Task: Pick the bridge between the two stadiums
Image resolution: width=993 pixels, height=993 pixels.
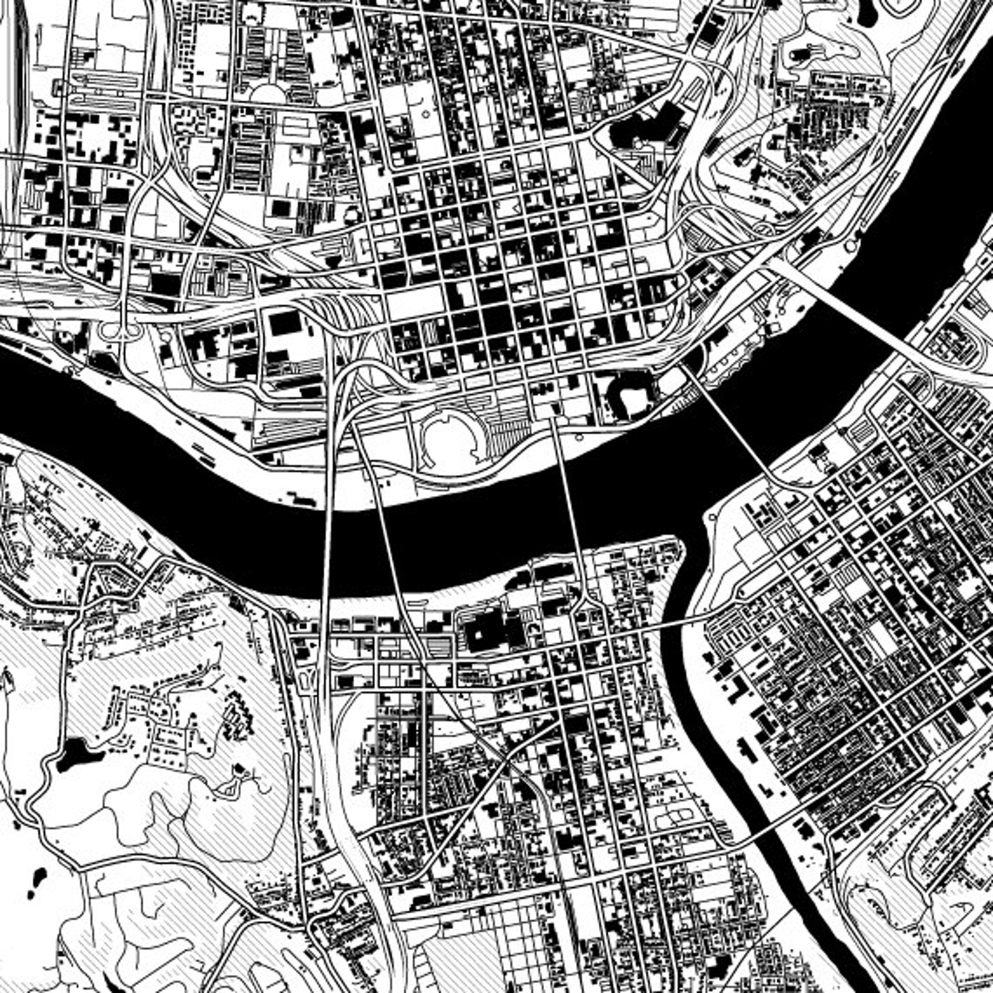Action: (569, 500)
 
